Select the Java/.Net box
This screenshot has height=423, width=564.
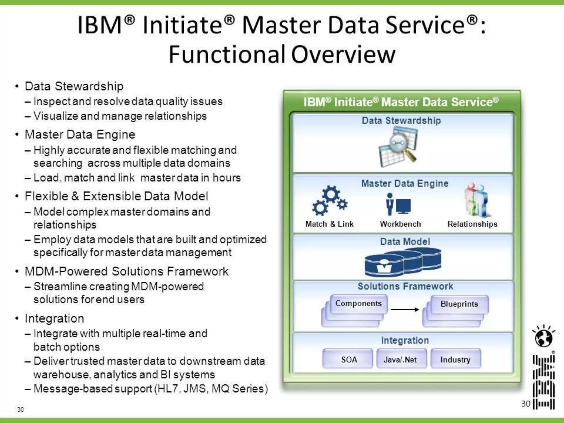(401, 359)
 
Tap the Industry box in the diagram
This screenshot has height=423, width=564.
(455, 359)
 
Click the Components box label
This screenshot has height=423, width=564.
(358, 303)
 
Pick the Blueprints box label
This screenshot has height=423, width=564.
(459, 304)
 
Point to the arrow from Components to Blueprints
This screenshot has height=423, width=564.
(405, 310)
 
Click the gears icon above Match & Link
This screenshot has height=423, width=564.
(330, 201)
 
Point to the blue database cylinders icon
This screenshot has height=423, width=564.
(403, 262)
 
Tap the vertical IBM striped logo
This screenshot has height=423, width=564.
(544, 382)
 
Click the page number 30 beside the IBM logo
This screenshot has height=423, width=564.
(525, 404)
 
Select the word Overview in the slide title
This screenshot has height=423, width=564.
(343, 54)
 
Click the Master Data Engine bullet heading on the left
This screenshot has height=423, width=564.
(80, 135)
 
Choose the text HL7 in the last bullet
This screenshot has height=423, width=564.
(168, 389)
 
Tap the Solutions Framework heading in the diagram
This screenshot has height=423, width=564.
(405, 286)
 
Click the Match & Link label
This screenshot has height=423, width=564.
(329, 224)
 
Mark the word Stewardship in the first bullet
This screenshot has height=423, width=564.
(89, 86)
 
